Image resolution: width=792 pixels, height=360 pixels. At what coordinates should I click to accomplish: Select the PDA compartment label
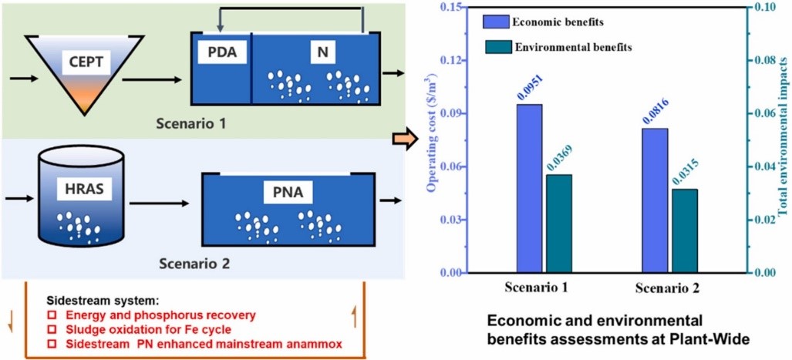point(221,53)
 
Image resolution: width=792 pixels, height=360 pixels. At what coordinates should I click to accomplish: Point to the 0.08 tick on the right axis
point(765,60)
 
